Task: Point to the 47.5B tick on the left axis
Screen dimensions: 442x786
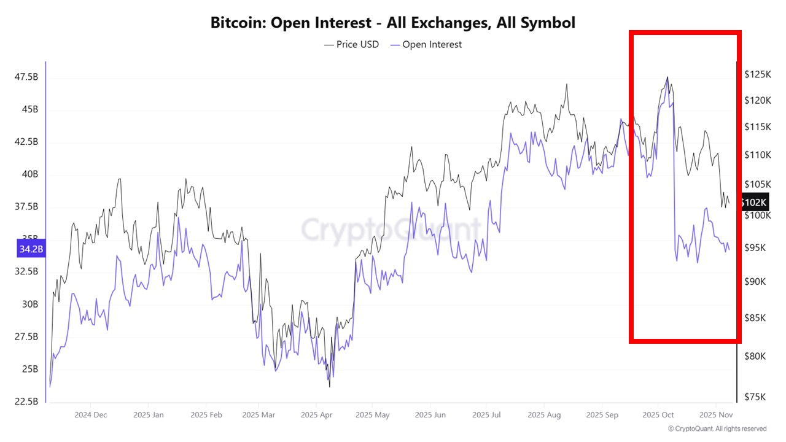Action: (26, 77)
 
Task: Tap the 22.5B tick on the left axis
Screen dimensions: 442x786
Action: (26, 401)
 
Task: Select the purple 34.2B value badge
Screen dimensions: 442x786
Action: (31, 249)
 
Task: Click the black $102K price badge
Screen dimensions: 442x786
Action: (753, 202)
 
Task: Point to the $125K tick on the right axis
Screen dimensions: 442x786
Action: (757, 74)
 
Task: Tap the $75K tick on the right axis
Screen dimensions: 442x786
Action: (755, 397)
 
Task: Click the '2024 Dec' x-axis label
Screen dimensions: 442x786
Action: (91, 414)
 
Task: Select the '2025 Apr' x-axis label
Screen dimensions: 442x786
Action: (316, 414)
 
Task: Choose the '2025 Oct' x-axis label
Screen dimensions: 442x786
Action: (658, 414)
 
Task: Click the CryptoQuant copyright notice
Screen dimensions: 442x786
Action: (717, 428)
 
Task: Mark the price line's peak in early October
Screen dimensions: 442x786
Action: (667, 77)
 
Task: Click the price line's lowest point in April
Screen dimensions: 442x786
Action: (330, 386)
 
